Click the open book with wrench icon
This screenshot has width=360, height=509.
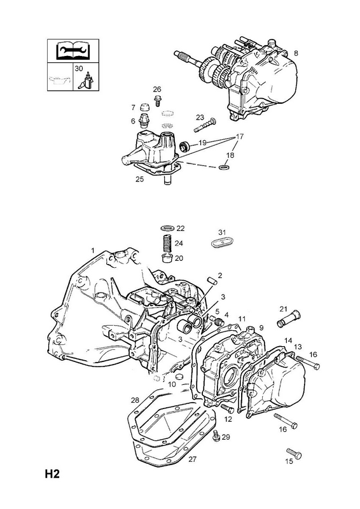pos(73,51)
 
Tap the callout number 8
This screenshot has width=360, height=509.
pos(296,53)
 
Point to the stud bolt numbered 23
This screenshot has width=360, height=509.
pos(205,125)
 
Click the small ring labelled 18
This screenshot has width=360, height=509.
pos(225,167)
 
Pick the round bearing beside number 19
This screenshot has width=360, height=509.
pos(185,147)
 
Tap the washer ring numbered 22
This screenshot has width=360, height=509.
pos(167,228)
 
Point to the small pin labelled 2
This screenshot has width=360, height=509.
pos(212,281)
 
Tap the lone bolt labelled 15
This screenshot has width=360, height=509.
pos(294,453)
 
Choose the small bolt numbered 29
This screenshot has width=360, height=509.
pos(216,436)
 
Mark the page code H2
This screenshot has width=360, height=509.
pos(52,474)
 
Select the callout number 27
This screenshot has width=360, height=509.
pos(193,459)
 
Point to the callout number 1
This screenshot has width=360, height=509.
pos(92,250)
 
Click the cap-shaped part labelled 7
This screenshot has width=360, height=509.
pos(143,107)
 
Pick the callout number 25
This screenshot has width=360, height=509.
pos(139,179)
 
